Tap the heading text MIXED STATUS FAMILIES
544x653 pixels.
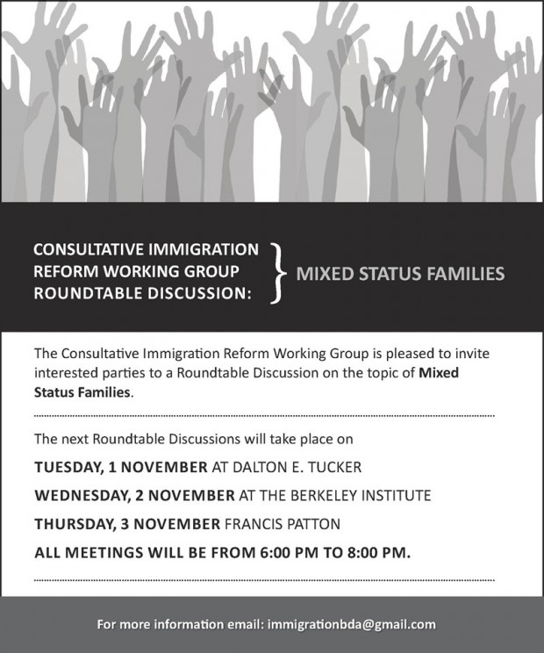400,274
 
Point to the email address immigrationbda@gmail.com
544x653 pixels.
353,625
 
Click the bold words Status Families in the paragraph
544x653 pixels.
82,392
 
